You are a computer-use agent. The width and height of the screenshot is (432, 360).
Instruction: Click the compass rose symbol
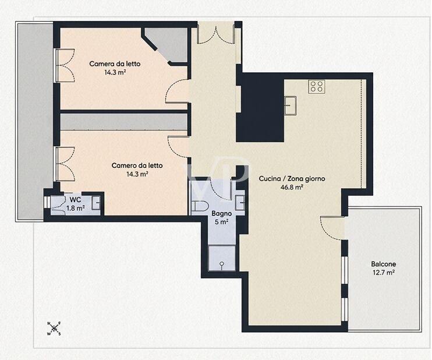tap(54, 329)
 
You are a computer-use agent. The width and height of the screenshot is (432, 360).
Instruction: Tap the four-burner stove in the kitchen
tap(317, 86)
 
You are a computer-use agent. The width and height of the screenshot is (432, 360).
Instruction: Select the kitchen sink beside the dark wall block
tap(290, 105)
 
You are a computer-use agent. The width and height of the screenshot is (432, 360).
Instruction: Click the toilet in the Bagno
tap(200, 206)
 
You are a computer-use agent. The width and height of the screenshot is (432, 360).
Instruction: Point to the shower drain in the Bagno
tap(222, 264)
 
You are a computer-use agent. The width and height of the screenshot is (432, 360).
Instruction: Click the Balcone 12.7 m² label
tap(384, 268)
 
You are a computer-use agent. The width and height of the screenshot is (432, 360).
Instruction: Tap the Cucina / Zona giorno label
tap(292, 179)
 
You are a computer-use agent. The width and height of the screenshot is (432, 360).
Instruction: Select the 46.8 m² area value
tap(292, 188)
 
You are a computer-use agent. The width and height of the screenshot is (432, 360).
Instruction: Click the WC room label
tap(75, 199)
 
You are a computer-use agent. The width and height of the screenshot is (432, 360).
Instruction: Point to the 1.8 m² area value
tap(76, 208)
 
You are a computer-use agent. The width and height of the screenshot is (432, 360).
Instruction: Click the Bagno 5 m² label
tap(221, 218)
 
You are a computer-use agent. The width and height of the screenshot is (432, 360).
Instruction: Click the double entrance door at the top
tap(216, 35)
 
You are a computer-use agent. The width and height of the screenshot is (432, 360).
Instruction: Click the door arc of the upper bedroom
tap(177, 91)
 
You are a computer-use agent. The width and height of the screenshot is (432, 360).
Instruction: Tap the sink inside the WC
tap(96, 203)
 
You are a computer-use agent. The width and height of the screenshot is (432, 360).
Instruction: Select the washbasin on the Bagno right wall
tap(240, 203)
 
